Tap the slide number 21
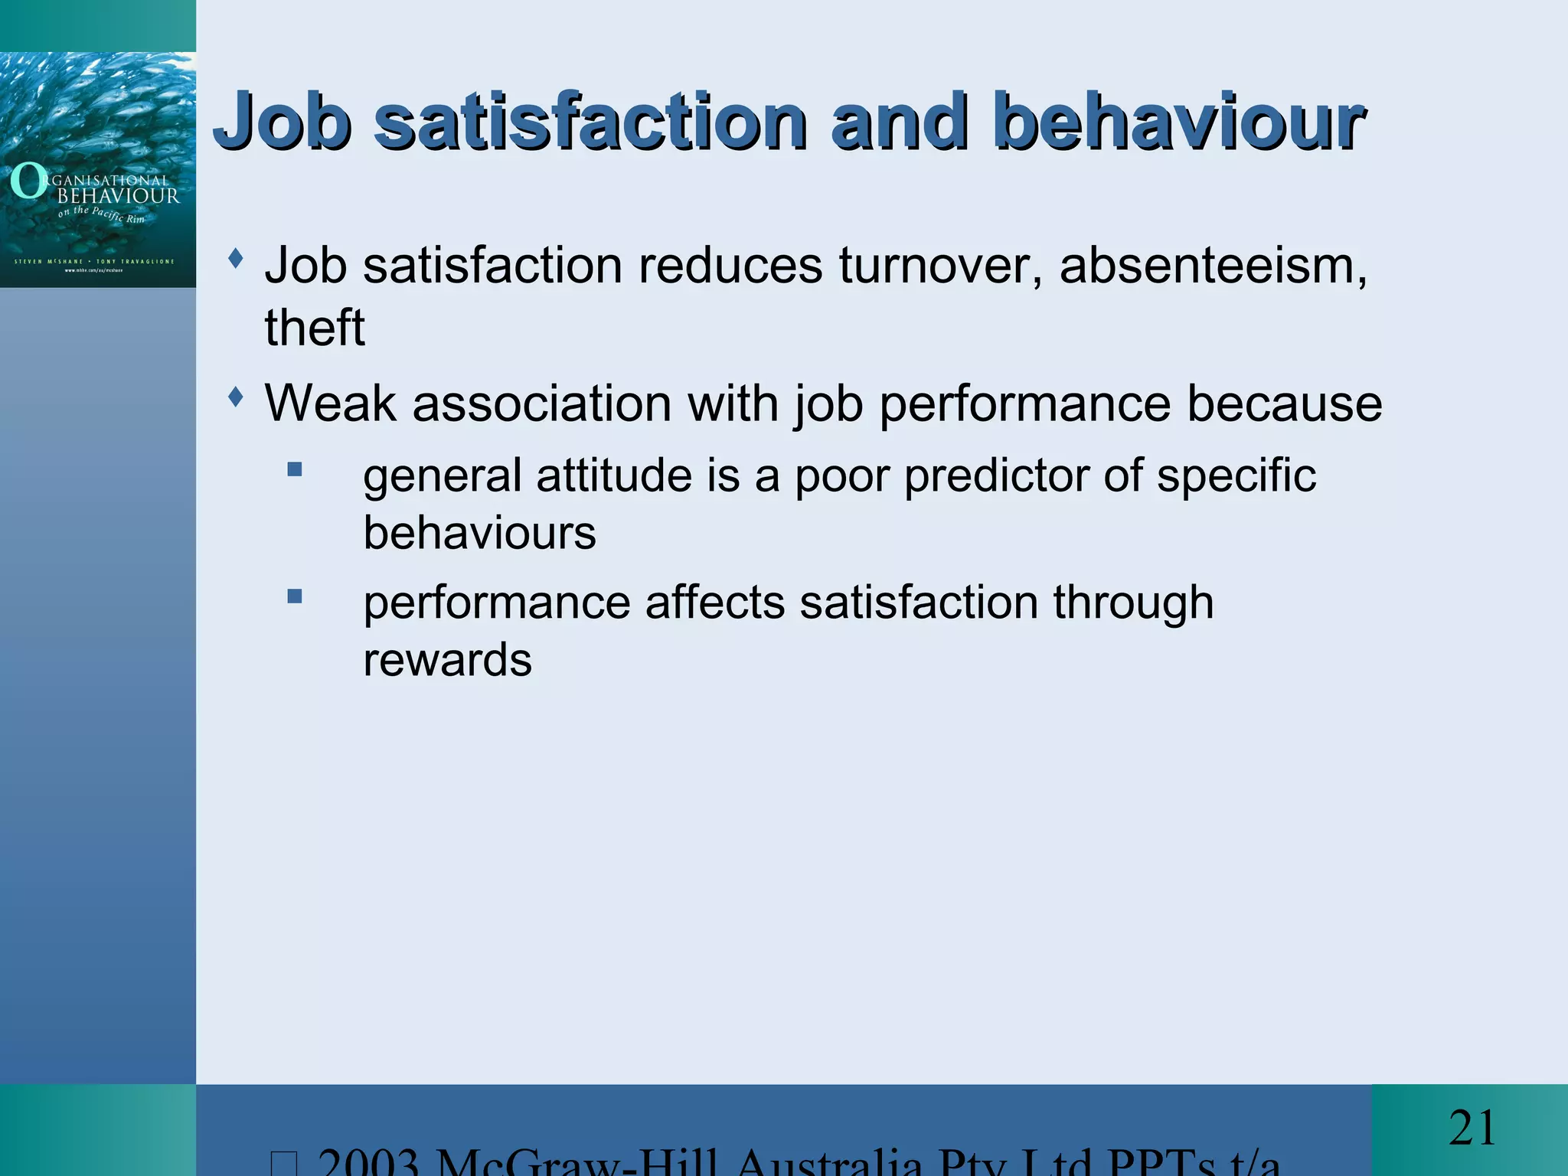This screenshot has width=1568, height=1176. click(1472, 1129)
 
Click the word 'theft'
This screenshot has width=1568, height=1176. click(315, 328)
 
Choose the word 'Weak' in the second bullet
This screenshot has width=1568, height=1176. click(330, 403)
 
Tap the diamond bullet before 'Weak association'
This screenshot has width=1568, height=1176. click(237, 397)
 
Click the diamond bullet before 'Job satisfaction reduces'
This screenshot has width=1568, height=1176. click(237, 259)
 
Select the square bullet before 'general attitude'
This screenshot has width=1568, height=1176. click(295, 469)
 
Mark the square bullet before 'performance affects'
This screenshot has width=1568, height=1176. click(295, 596)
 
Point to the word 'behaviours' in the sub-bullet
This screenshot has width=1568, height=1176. click(479, 533)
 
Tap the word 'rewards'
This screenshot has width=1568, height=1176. click(447, 660)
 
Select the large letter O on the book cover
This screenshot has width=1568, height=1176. click(28, 182)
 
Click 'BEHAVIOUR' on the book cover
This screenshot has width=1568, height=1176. click(119, 196)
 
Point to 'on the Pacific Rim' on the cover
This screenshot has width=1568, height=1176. click(101, 214)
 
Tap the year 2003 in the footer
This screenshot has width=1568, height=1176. click(367, 1162)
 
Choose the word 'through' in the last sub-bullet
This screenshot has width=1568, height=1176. click(1133, 603)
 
